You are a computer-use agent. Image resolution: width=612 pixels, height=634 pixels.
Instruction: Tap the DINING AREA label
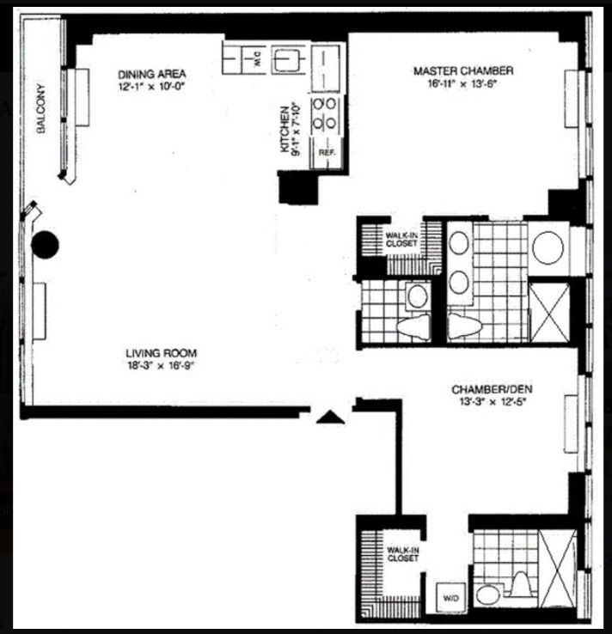[151, 73]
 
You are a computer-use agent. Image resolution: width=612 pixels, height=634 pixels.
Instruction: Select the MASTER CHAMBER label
[463, 70]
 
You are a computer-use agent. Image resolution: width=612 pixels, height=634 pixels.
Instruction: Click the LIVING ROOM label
[162, 353]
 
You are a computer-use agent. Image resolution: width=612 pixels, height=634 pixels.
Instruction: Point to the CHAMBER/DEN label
[487, 390]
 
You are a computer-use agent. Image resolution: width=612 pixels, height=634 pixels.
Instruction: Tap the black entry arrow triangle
[331, 417]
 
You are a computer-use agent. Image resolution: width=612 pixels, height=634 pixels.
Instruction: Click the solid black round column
[45, 246]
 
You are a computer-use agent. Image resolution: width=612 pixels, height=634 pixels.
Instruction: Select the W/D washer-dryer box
[450, 594]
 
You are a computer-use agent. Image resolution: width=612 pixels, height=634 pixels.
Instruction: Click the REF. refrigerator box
[327, 152]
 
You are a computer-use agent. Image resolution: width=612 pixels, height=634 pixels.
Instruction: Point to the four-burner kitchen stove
[326, 113]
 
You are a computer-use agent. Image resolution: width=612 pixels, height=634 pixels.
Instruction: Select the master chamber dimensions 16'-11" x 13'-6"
[463, 84]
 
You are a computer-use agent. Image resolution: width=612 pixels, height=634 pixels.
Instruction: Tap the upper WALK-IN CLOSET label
[401, 238]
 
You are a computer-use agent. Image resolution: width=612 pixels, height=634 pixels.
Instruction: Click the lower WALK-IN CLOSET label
[402, 553]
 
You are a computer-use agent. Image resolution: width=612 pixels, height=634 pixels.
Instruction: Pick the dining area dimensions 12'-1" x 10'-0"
[151, 87]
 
